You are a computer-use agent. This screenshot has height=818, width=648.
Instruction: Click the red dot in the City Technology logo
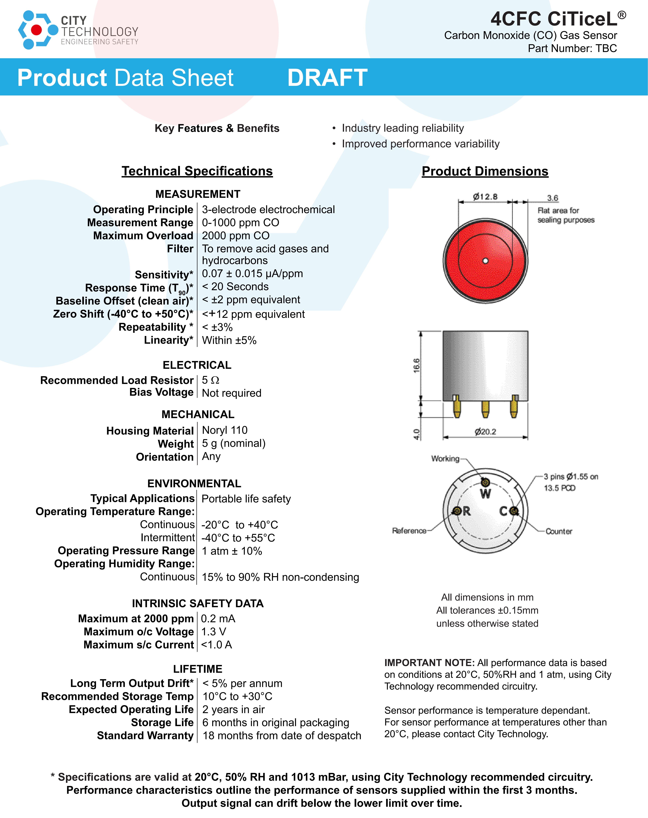coord(36,30)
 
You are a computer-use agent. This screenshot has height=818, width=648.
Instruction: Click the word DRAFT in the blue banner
coord(327,78)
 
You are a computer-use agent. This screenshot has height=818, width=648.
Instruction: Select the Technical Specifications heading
coord(197,171)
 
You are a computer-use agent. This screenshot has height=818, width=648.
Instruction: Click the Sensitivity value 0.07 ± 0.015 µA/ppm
coord(252,273)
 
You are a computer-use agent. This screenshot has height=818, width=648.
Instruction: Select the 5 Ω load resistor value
coord(211,380)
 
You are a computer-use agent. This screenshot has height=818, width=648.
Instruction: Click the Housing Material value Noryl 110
coord(225,430)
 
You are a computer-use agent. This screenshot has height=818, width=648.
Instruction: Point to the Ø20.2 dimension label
coord(485,432)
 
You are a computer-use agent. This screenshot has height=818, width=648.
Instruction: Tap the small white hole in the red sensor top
coord(485,261)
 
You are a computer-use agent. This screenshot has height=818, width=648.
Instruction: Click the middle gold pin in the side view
coord(485,409)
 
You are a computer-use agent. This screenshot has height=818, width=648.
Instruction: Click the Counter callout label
coord(559,531)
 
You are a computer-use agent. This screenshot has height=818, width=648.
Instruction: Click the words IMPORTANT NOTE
coord(429,662)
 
